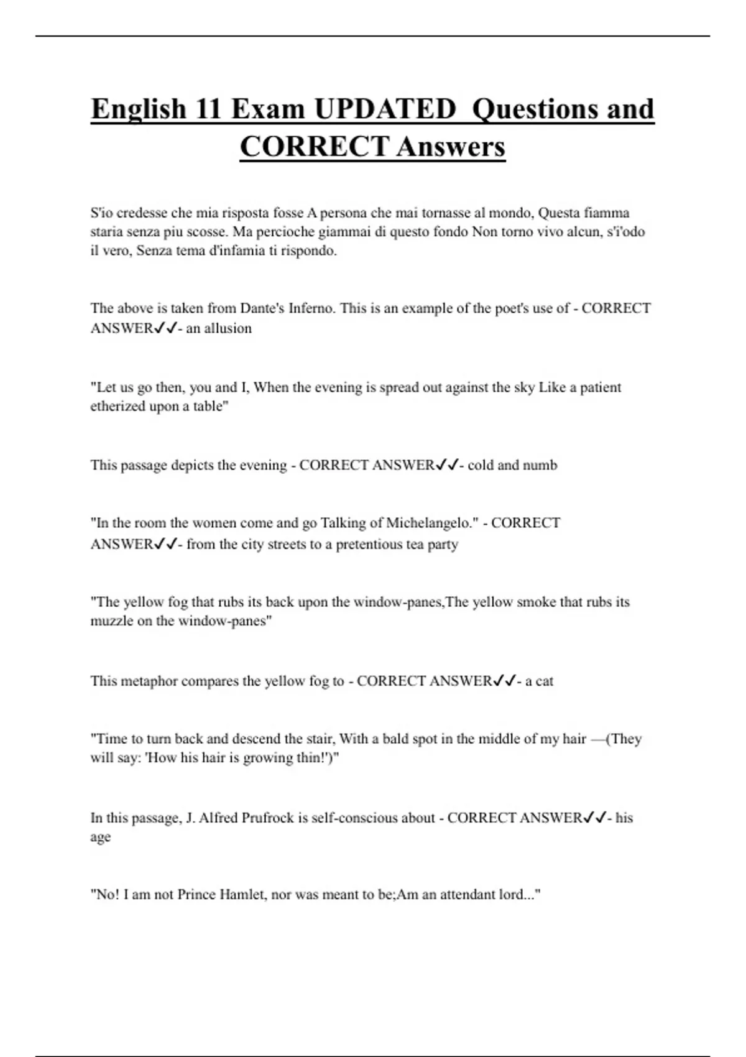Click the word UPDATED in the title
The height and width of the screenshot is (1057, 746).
385,109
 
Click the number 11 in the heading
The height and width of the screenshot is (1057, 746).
208,109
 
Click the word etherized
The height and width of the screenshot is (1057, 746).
118,407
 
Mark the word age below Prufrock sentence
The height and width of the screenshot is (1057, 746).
100,838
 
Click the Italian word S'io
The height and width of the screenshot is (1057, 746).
102,213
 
